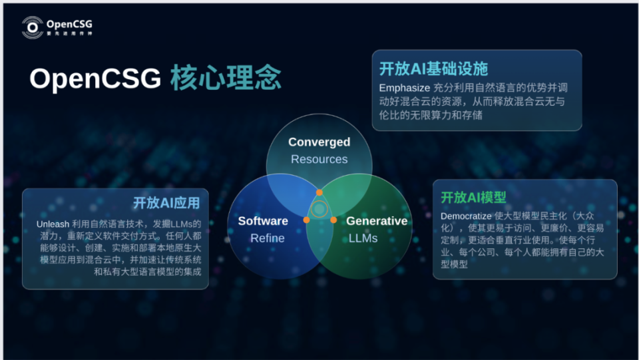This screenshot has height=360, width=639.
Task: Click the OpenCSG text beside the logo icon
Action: tap(69, 24)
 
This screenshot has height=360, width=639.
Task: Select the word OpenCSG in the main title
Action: tap(95, 79)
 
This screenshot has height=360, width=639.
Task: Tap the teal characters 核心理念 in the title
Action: tap(226, 79)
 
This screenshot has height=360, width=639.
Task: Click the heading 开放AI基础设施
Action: tap(433, 69)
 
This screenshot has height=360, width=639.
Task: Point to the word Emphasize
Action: tap(403, 88)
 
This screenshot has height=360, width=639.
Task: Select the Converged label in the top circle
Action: tap(319, 142)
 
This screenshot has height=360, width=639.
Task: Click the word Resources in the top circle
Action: tap(319, 159)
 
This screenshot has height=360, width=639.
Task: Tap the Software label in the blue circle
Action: tap(263, 221)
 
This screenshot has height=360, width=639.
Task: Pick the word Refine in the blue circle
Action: tap(267, 238)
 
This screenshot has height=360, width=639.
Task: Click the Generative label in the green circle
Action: tap(377, 221)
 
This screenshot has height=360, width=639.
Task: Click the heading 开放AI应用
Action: tap(166, 203)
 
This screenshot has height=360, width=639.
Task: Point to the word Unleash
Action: tap(52, 224)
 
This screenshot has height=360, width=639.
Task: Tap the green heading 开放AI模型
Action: tap(473, 198)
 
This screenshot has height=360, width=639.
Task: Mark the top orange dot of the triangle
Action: tap(319, 192)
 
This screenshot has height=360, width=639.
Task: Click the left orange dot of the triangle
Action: tap(306, 220)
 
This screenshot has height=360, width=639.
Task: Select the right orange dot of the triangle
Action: tap(333, 220)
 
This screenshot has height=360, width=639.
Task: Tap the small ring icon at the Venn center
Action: tap(319, 210)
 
